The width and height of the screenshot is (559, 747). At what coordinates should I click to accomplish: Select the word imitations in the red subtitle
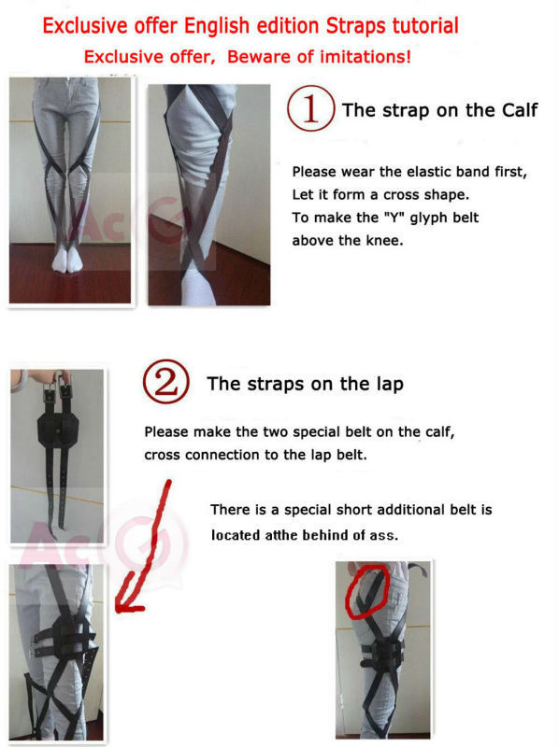pos(358,57)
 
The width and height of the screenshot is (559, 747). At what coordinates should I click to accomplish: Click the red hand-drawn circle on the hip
pos(365,588)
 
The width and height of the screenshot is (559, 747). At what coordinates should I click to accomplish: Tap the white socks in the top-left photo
pos(68,260)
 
